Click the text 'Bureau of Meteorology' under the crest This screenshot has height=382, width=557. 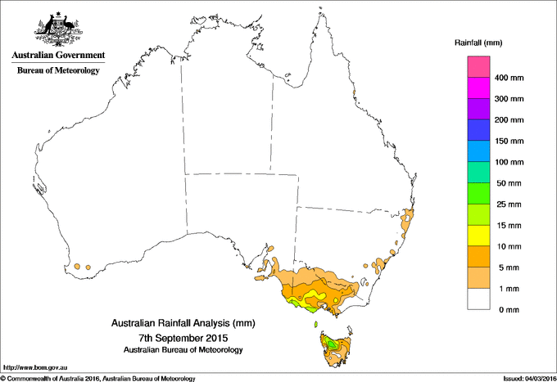[x=58, y=70]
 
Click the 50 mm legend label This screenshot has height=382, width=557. [x=508, y=183]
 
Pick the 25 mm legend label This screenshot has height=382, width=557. [x=508, y=204]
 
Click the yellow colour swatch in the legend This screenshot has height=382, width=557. [x=479, y=236]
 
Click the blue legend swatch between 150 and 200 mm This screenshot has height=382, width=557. [x=479, y=130]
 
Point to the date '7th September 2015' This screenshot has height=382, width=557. [x=182, y=337]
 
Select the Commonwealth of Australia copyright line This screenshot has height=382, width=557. [x=98, y=378]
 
